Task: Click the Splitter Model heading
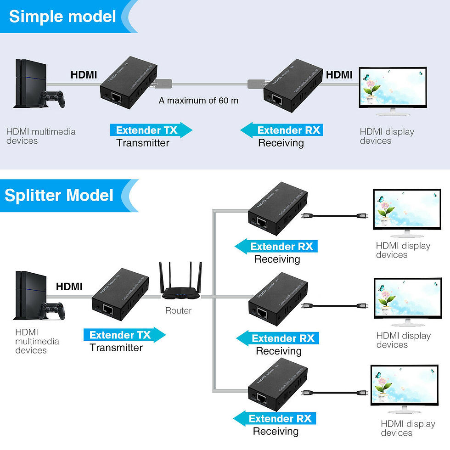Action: coord(59,195)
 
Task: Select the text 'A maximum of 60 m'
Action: coord(198,100)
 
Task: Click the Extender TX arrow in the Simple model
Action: coord(151,130)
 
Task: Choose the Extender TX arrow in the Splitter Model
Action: coord(124,335)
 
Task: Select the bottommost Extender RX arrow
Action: coord(275,418)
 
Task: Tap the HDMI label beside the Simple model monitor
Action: coord(339,74)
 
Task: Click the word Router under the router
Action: coord(178,311)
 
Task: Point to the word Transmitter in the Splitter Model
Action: coord(116,348)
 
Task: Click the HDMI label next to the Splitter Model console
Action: coord(69,287)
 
